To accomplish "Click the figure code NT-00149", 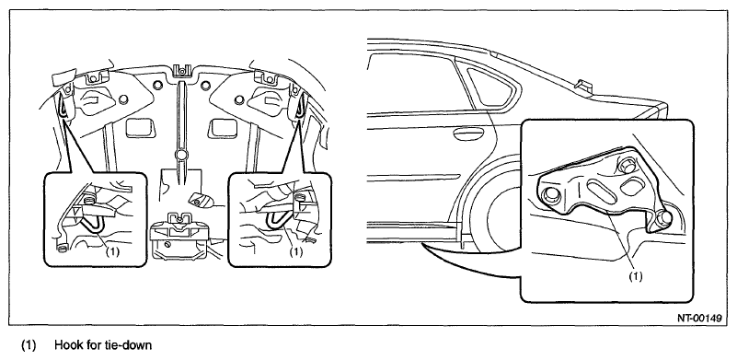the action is [699, 319].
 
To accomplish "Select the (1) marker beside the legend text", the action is [29, 345].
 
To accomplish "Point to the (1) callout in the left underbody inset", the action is [112, 251].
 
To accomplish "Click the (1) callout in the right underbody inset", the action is [295, 251].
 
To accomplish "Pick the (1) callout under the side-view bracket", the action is [636, 276].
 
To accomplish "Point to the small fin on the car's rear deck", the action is [582, 84].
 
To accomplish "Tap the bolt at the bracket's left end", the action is [549, 196].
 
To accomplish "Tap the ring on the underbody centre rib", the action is [181, 155].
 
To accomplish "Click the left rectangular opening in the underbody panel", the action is [141, 127].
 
